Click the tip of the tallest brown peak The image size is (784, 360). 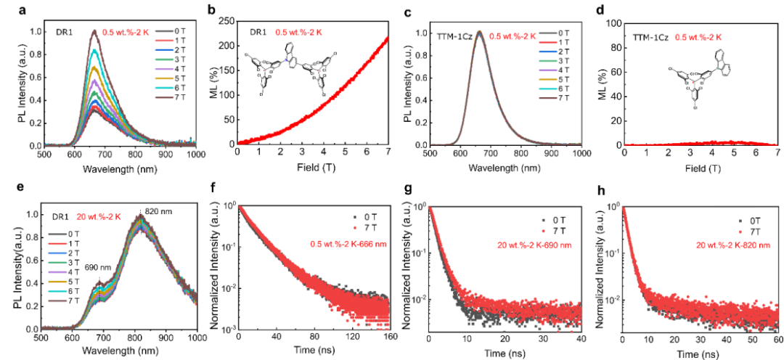94,30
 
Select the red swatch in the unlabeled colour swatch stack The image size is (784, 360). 57,244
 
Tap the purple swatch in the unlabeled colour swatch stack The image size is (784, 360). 57,272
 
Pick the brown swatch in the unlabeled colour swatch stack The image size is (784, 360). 57,300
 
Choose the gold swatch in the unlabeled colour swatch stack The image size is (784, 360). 57,282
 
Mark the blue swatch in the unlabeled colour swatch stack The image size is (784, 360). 57,253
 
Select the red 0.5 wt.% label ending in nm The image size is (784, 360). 348,244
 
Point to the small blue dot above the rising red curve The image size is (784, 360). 286,60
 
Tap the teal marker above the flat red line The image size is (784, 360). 717,69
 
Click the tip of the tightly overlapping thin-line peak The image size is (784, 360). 478,30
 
